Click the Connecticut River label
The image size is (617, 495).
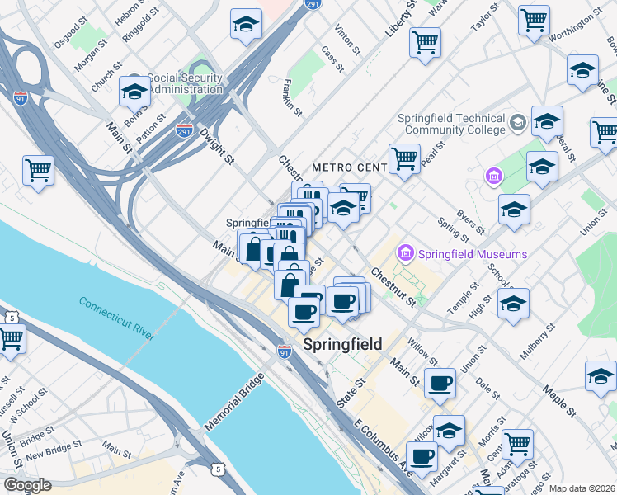tap(117, 318)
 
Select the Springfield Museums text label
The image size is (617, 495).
tap(473, 253)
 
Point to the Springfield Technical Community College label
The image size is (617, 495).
tap(451, 124)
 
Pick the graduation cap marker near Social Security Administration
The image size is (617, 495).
tap(134, 92)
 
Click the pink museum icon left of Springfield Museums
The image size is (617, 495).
tap(406, 252)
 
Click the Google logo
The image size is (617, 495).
tap(27, 485)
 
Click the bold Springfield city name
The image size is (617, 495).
tap(343, 344)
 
